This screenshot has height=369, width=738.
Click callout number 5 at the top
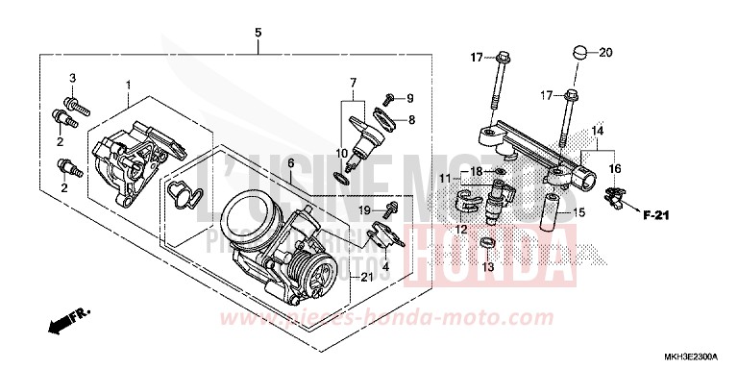tap(258, 34)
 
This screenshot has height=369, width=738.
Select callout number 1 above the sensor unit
tap(127, 86)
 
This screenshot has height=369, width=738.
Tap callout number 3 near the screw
tap(71, 77)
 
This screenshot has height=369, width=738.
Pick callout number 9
tap(409, 98)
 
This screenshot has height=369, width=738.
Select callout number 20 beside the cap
tap(605, 52)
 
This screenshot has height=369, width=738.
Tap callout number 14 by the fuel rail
tap(597, 130)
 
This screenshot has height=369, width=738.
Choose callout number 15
tap(579, 211)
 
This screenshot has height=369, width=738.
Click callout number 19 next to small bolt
tap(364, 209)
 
